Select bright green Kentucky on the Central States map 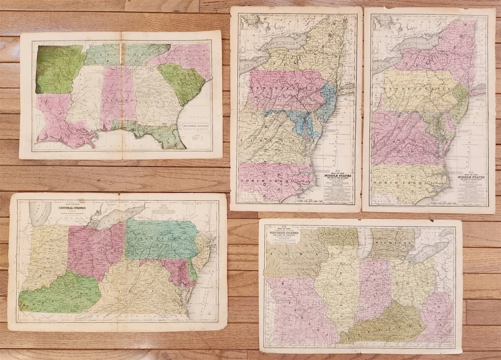point(59,294)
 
